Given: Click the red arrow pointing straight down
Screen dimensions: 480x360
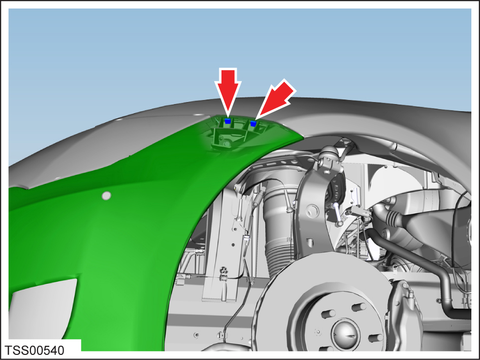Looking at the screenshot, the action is click(228, 90).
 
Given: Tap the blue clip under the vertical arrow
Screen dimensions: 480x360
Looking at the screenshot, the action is click(228, 121).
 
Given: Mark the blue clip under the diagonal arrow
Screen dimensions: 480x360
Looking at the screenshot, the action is click(253, 123).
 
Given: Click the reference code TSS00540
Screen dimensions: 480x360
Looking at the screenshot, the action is click(35, 350).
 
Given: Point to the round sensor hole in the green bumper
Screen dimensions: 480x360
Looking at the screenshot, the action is click(106, 195).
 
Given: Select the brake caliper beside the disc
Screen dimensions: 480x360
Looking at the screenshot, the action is click(404, 315).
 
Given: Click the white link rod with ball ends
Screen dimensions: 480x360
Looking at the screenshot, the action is click(336, 214).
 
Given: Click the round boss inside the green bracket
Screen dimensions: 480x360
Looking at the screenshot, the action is click(227, 143).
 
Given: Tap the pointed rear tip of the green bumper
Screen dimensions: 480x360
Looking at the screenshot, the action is click(303, 136).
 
